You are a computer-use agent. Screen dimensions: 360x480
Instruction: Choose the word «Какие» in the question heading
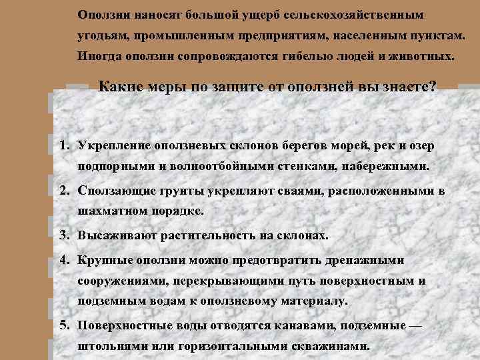120,87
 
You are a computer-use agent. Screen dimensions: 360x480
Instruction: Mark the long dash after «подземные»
415,325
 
